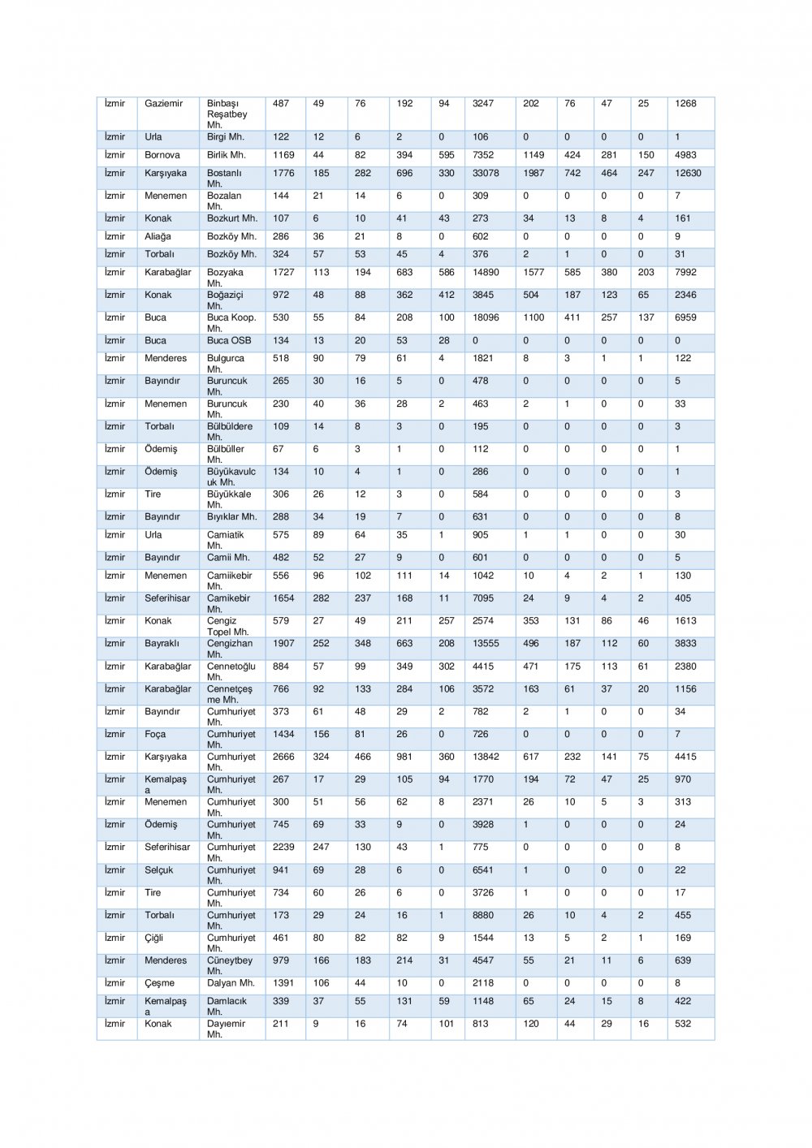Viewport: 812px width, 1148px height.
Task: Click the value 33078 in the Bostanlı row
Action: click(486, 173)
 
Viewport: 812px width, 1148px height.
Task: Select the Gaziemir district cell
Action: click(163, 103)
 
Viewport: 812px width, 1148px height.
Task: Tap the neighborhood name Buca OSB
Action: click(229, 340)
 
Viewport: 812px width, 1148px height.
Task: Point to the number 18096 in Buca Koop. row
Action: click(486, 317)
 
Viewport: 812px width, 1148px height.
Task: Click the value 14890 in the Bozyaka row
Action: click(486, 272)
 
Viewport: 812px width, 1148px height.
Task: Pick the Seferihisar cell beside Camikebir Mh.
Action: click(167, 598)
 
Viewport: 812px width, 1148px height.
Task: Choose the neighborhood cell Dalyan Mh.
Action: click(231, 983)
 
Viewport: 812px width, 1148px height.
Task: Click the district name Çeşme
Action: click(159, 983)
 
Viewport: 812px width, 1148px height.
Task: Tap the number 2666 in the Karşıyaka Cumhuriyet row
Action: click(283, 757)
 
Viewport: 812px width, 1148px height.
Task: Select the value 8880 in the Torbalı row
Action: click(483, 915)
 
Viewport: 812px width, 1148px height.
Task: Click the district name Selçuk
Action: click(158, 870)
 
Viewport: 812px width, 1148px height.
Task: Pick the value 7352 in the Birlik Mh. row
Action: click(483, 155)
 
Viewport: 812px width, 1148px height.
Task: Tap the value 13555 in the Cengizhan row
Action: click(486, 643)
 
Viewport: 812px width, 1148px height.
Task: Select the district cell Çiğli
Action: click(153, 938)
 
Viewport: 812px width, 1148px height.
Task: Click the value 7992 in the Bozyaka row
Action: click(685, 272)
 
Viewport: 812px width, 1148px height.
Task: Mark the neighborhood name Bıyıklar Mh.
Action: click(231, 516)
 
